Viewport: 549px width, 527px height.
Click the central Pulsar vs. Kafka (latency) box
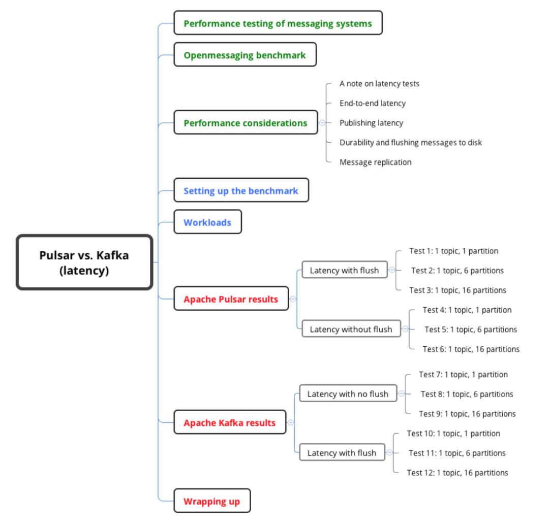pyautogui.click(x=84, y=262)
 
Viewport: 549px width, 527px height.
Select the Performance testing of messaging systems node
pyautogui.click(x=278, y=23)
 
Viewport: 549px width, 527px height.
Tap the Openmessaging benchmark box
pyautogui.click(x=245, y=55)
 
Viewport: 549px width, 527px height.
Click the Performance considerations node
pyautogui.click(x=246, y=123)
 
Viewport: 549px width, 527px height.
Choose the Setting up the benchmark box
pyautogui.click(x=241, y=191)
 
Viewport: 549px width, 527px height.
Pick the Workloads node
pyautogui.click(x=207, y=222)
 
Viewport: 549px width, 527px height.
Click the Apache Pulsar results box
pyautogui.click(x=231, y=299)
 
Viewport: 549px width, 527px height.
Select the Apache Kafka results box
pyautogui.click(x=230, y=422)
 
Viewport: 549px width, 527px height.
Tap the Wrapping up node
pyautogui.click(x=211, y=501)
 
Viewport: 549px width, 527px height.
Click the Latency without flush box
pyautogui.click(x=351, y=329)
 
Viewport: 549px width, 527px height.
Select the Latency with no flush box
pyautogui.click(x=348, y=393)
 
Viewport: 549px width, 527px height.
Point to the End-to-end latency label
pyautogui.click(x=373, y=103)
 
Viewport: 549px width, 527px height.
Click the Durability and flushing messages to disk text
pyautogui.click(x=410, y=142)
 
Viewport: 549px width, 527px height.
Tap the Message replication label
pyautogui.click(x=375, y=162)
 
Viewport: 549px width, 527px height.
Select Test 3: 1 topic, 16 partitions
pyautogui.click(x=457, y=290)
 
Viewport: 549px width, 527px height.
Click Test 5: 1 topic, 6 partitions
pyautogui.click(x=471, y=329)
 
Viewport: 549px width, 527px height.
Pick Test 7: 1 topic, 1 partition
pyautogui.click(x=463, y=374)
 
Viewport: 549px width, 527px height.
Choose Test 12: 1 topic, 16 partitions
pyautogui.click(x=457, y=472)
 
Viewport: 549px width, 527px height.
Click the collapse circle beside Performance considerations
pyautogui.click(x=322, y=123)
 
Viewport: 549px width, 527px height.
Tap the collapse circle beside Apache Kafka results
pyautogui.click(x=291, y=422)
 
